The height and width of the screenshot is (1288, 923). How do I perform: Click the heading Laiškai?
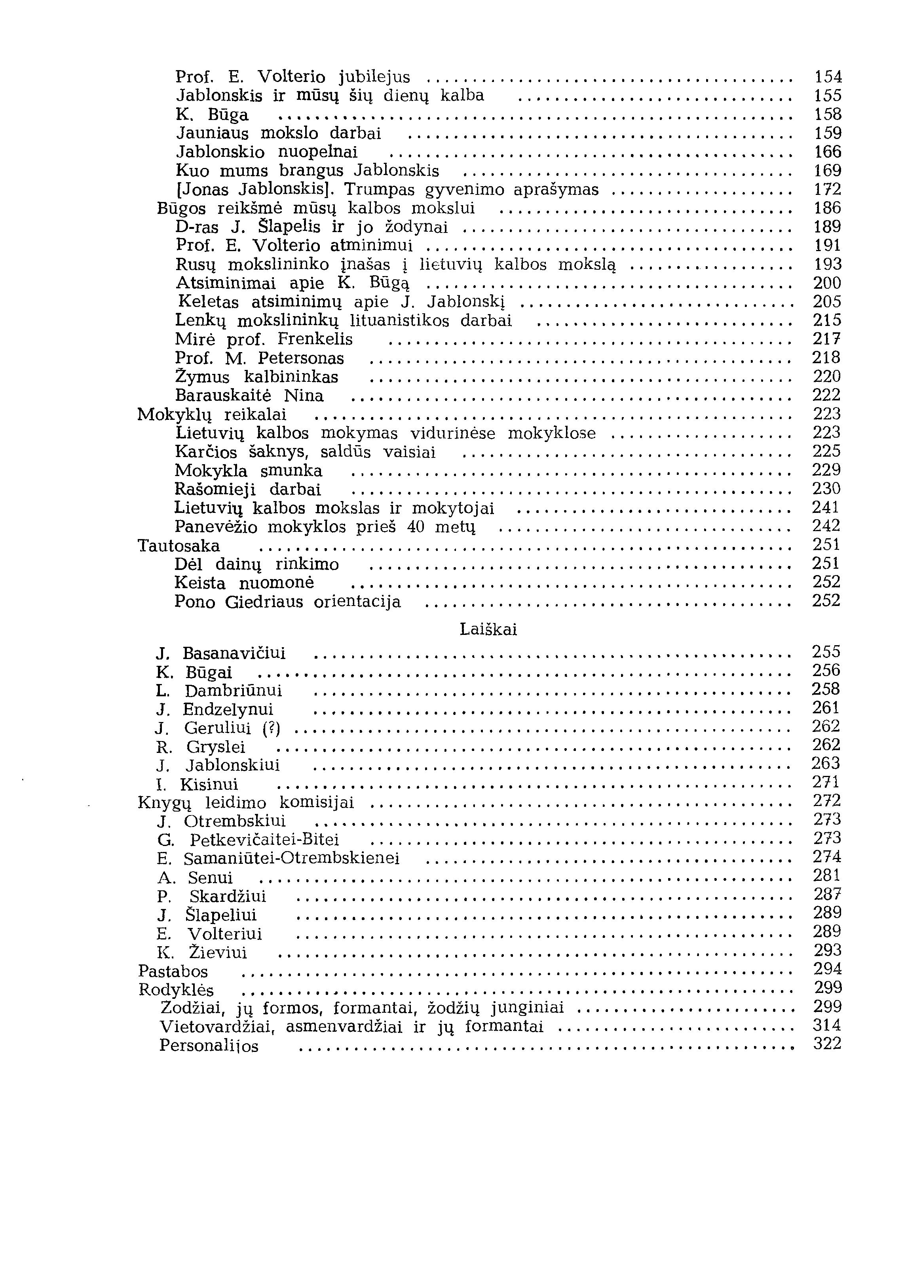coord(488,630)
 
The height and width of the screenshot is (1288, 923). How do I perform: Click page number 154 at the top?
coord(828,77)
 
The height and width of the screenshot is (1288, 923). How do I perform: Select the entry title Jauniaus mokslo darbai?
coord(278,133)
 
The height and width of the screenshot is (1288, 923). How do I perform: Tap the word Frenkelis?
coord(315,339)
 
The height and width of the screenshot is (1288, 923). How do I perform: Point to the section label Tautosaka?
coord(179,546)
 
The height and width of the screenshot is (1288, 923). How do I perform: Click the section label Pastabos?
coord(173,971)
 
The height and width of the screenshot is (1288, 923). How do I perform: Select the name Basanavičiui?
coord(234,654)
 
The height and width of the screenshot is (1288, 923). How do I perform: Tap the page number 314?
coord(826,1026)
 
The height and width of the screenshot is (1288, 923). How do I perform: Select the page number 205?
coord(826,301)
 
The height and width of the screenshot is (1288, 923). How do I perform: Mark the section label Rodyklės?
coord(176,990)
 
